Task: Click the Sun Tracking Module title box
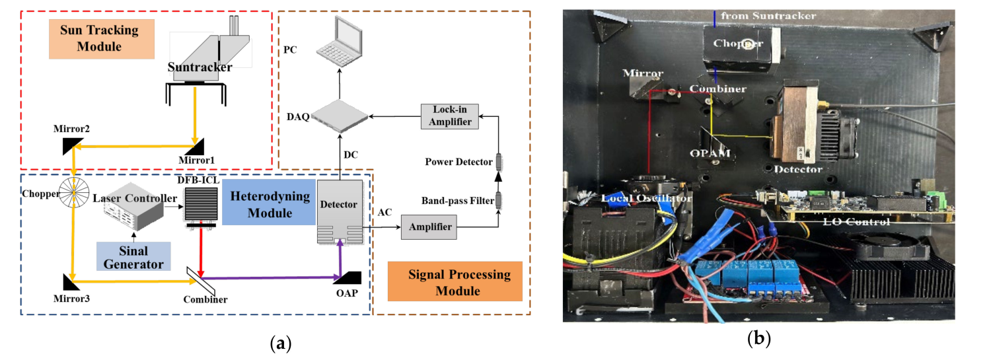tap(100, 38)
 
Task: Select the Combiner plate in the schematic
tap(200, 280)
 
